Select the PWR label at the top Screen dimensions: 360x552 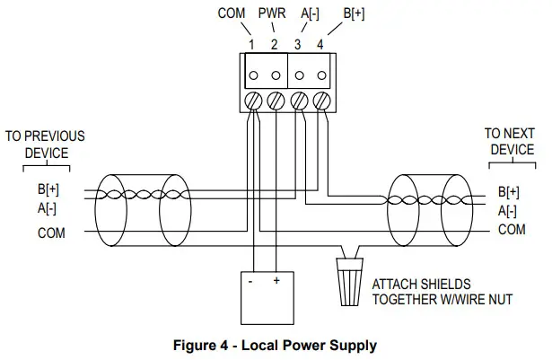point(272,14)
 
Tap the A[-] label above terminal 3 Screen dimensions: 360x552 point(310,14)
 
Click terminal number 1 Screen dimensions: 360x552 point(252,43)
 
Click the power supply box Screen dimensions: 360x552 point(266,296)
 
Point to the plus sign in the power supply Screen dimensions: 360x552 point(276,280)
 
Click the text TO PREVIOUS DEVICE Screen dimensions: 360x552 point(46,145)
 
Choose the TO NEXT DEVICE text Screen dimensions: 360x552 point(510,141)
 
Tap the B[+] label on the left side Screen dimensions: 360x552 point(49,190)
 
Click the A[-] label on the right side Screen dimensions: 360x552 point(507,211)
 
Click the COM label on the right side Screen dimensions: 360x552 point(512,230)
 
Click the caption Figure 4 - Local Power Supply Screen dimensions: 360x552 point(276,345)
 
